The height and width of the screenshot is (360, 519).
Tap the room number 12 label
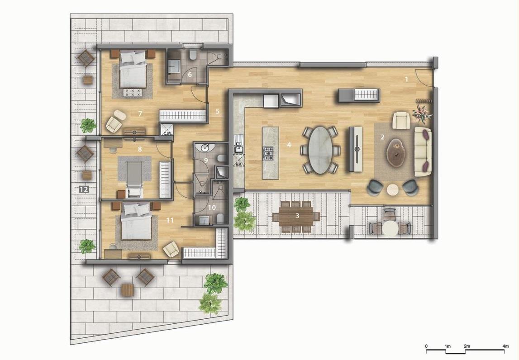83,189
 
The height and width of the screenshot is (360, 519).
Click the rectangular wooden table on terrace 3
296,216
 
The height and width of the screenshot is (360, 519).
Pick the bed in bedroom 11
136,224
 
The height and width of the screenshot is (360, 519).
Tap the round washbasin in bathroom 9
206,148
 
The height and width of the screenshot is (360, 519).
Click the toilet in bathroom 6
193,56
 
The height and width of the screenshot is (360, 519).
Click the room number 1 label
406,79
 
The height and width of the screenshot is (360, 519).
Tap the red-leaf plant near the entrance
422,113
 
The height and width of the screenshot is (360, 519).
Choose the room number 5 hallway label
217,111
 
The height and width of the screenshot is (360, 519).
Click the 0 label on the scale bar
426,346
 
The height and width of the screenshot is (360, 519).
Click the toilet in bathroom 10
220,218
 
